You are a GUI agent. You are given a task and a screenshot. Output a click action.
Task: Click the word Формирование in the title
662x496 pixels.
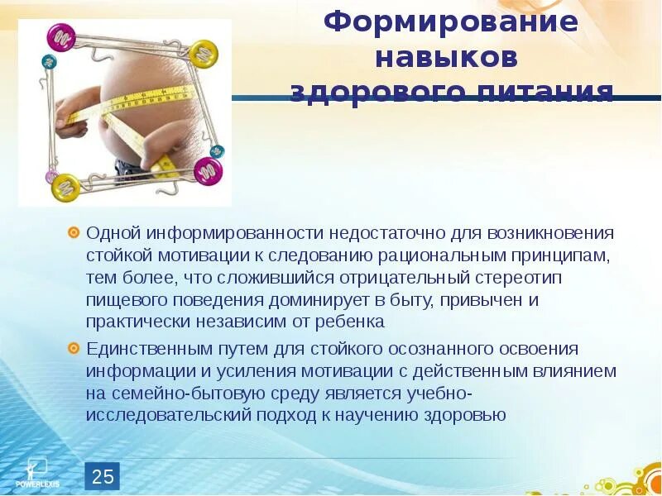[450, 22]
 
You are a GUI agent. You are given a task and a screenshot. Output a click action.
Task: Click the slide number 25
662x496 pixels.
[103, 476]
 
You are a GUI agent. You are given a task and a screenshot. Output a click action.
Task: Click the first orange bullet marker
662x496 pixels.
[74, 233]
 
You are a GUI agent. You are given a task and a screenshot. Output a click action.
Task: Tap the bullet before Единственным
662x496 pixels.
[74, 348]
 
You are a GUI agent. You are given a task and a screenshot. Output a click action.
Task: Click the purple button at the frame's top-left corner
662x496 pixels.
[61, 37]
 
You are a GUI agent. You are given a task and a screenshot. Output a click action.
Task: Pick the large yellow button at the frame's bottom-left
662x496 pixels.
[65, 186]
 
